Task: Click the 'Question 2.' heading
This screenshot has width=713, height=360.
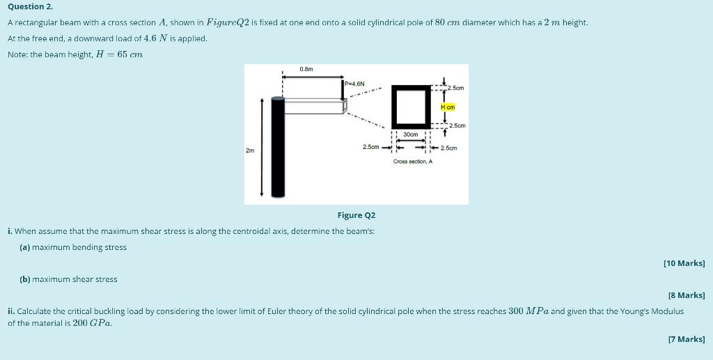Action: pos(30,6)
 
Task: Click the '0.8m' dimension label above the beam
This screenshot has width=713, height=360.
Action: pos(306,69)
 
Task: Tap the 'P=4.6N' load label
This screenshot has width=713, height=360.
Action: pos(355,84)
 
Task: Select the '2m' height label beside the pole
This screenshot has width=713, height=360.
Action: pos(250,150)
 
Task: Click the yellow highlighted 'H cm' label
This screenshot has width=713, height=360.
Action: pos(448,107)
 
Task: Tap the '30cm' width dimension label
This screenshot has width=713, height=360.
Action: pos(411,134)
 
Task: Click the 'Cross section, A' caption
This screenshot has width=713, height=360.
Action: pos(412,162)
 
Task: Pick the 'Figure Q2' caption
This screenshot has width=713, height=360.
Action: pos(356,215)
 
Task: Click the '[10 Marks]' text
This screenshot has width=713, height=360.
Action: pos(684,263)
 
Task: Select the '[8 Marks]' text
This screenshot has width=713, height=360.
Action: pos(686,295)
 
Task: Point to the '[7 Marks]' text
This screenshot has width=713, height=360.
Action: pos(686,339)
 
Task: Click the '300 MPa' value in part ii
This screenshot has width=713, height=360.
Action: pos(528,311)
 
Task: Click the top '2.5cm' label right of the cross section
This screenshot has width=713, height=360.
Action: pos(455,88)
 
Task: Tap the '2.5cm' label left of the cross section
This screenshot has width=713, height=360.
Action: pos(370,148)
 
